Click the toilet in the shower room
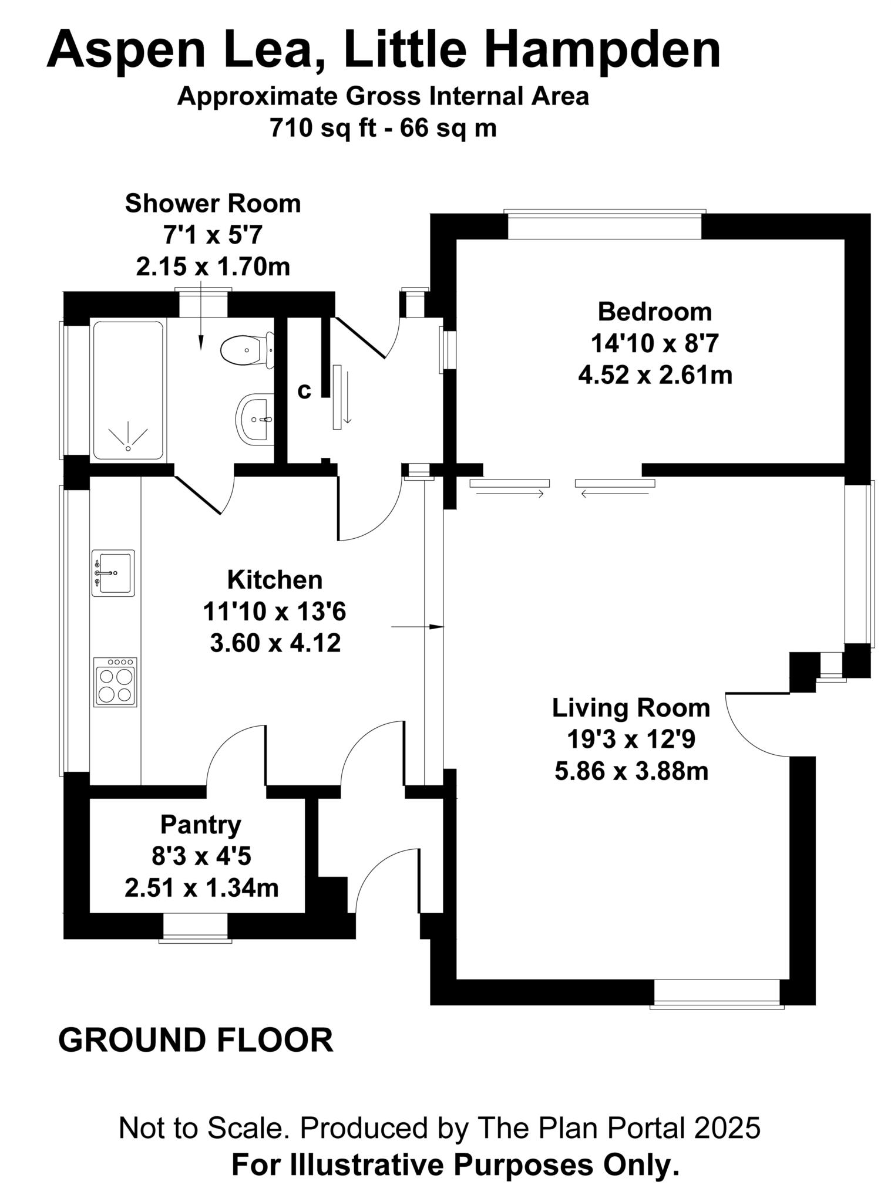(247, 350)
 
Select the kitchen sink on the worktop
(113, 573)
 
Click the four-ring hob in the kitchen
(115, 682)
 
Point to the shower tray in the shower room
(127, 390)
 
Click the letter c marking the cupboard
(304, 391)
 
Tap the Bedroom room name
(655, 312)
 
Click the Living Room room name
(631, 708)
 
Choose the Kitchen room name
(275, 580)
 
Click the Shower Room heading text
(213, 204)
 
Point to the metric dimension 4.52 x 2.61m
(655, 374)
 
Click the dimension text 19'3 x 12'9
(631, 740)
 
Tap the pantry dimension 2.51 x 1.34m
(201, 888)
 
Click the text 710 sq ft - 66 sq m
(383, 127)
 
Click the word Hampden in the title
(603, 50)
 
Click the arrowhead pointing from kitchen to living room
(437, 627)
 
